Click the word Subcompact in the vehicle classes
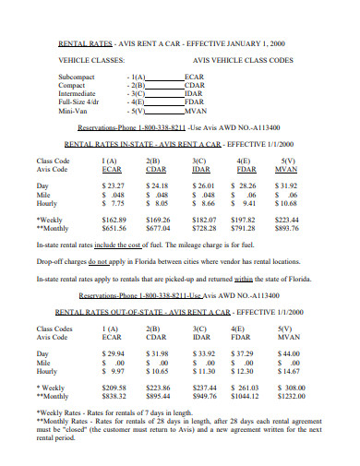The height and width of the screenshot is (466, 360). (77, 78)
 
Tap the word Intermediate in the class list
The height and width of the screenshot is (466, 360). (78, 94)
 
